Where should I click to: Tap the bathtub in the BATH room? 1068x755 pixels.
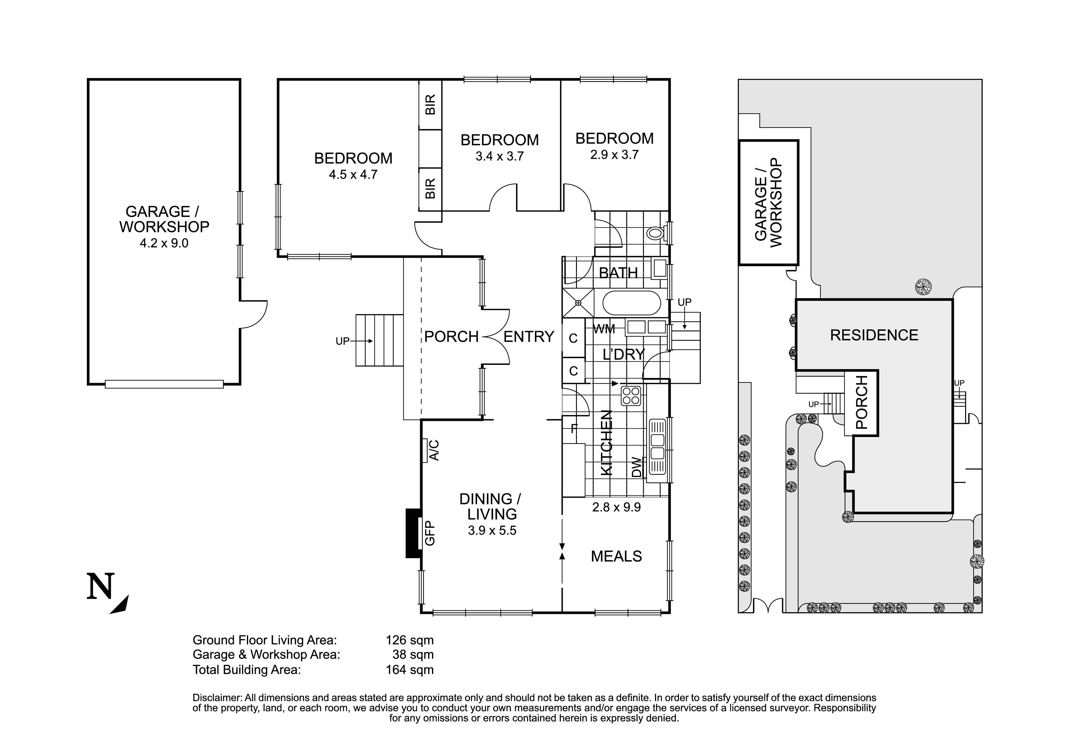point(631,303)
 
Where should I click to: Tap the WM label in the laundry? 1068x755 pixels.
point(604,329)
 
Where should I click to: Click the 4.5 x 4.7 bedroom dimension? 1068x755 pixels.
point(353,175)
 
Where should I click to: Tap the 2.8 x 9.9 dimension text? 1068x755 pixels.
point(616,507)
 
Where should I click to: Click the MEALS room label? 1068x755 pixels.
point(616,556)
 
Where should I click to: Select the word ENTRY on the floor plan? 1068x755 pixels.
point(529,336)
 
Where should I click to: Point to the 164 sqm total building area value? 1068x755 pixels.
point(410,670)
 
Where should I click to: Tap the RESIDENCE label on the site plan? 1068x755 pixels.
point(874,335)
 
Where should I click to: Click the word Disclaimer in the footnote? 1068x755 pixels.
point(217,698)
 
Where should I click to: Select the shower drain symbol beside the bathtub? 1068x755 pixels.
point(578,303)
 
